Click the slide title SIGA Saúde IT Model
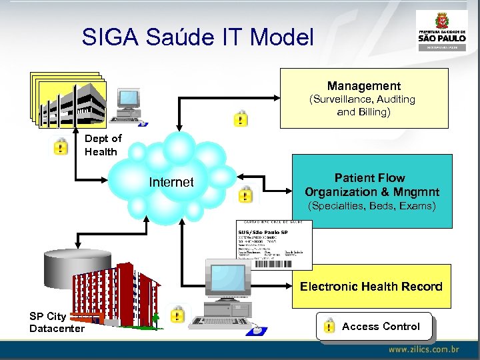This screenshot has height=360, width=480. [x=197, y=37]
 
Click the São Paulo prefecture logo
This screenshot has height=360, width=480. [x=441, y=29]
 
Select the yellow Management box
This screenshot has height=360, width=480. [x=364, y=98]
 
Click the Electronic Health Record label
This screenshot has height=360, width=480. [x=371, y=286]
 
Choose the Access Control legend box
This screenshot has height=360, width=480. [x=374, y=326]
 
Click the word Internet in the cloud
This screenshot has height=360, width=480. [x=171, y=182]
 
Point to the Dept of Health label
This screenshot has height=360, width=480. [x=103, y=145]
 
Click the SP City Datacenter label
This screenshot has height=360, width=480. [x=57, y=323]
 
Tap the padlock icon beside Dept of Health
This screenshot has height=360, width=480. [x=61, y=146]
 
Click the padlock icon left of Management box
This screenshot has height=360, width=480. [x=240, y=119]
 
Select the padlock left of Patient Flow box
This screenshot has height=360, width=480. [x=245, y=194]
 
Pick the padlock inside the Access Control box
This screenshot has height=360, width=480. [x=329, y=326]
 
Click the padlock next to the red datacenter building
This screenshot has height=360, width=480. [x=177, y=314]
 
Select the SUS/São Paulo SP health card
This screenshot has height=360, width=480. [x=274, y=245]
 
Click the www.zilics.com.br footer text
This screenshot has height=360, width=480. [x=423, y=349]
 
